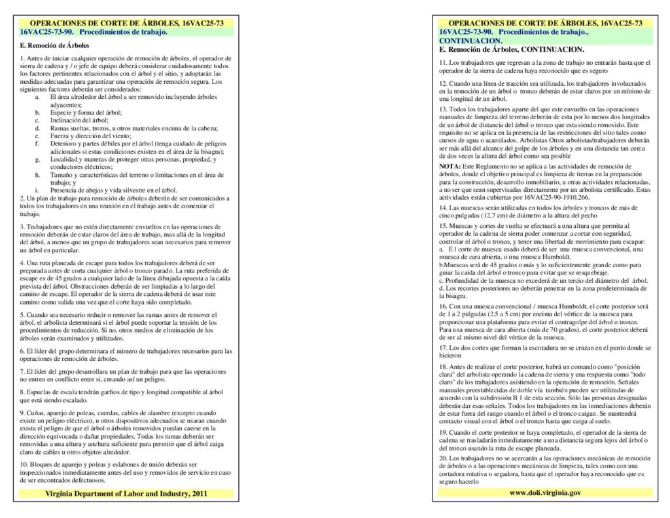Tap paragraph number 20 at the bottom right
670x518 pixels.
pos(443,458)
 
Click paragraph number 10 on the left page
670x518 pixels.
pos(24,464)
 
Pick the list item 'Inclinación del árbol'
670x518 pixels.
pos(79,120)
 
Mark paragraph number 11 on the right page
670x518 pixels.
pos(442,62)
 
